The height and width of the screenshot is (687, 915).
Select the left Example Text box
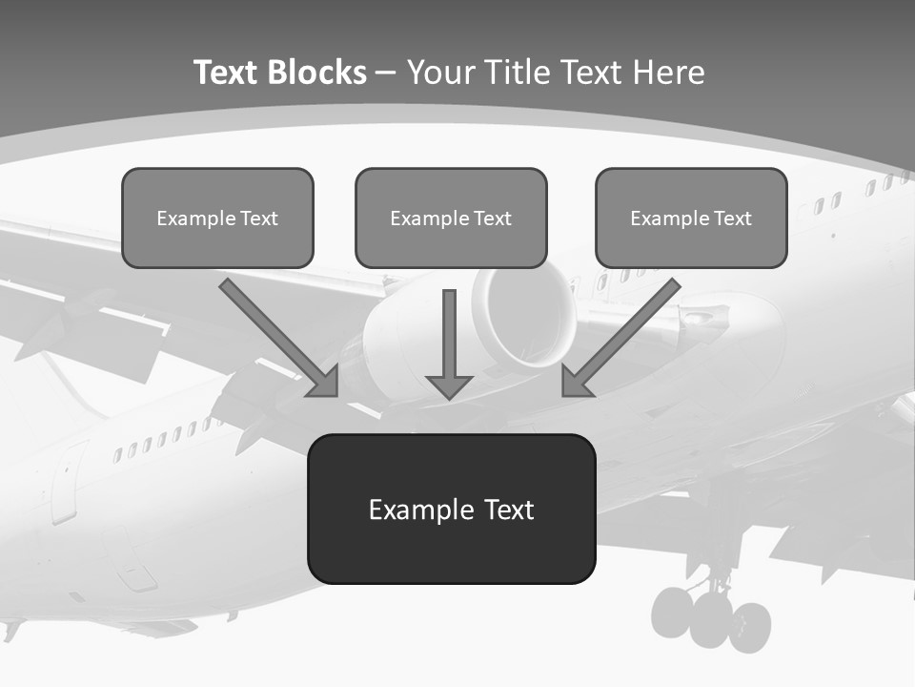(217, 218)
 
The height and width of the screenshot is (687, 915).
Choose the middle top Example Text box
(451, 218)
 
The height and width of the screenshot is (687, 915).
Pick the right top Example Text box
(691, 218)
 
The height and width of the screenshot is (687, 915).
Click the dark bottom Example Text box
(451, 509)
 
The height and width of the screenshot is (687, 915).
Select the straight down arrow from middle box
(449, 339)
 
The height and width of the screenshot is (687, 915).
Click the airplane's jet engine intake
(524, 315)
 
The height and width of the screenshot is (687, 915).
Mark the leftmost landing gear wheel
(673, 613)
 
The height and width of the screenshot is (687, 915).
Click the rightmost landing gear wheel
(751, 626)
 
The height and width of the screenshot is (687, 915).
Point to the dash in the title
(387, 73)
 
